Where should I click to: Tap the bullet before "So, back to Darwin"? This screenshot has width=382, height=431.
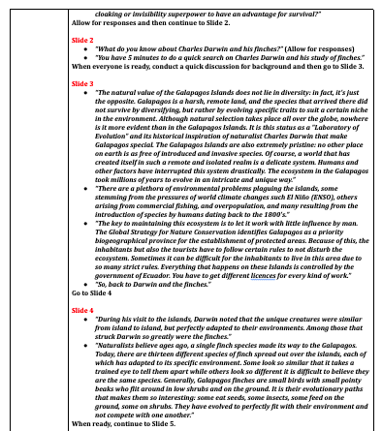(88, 283)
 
